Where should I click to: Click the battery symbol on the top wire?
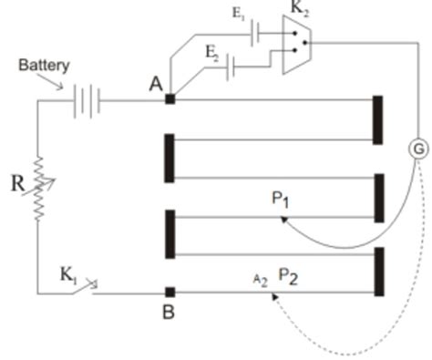point(86,98)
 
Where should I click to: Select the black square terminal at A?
point(170,98)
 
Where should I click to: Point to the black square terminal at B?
point(170,293)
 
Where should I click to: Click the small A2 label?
point(260,277)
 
